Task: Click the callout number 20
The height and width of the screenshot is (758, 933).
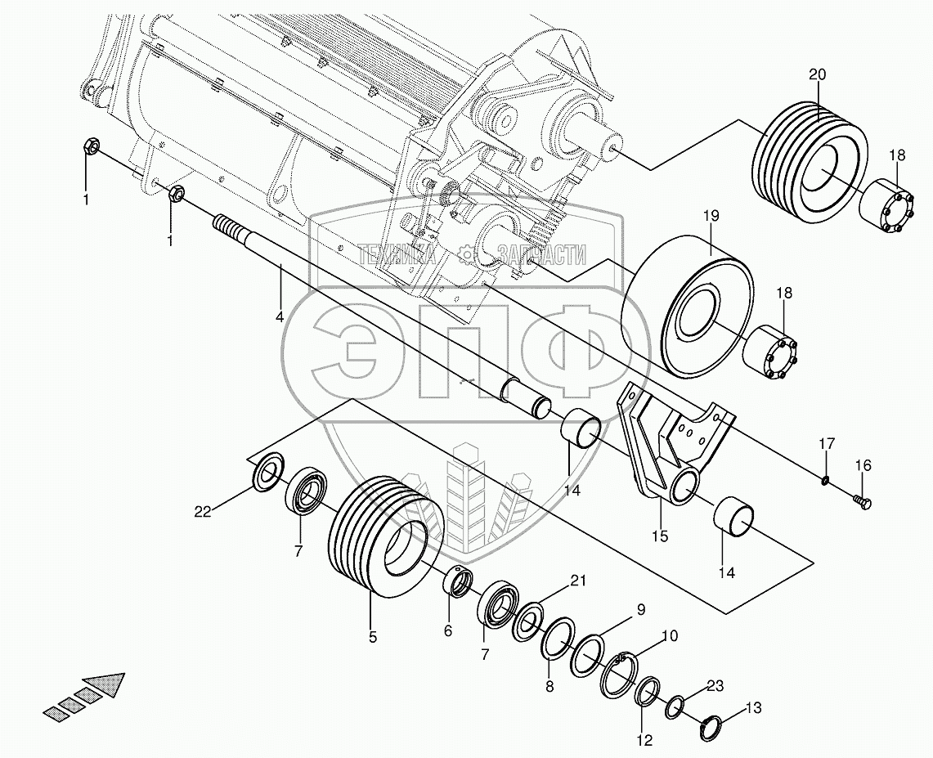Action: click(x=817, y=74)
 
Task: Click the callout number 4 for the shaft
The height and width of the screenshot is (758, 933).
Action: click(x=280, y=316)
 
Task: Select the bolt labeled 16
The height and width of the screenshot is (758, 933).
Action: click(x=862, y=500)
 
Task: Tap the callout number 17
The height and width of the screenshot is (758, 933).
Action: click(x=827, y=443)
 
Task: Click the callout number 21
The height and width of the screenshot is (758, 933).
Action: click(x=579, y=581)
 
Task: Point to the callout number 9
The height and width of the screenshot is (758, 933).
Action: click(x=641, y=608)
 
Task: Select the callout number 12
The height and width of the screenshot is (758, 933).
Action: click(x=644, y=741)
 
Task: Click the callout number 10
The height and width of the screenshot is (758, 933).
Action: click(x=669, y=635)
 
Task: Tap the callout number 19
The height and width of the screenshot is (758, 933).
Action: click(x=710, y=216)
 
